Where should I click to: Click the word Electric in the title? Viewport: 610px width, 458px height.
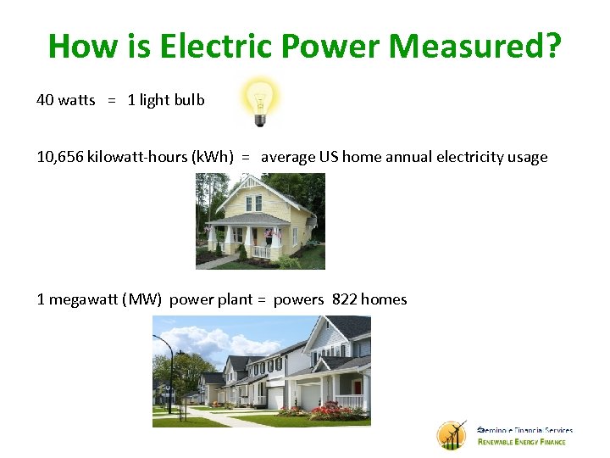tap(200, 46)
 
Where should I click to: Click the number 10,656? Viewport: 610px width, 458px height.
tap(59, 157)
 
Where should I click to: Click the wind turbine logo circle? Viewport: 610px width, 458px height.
tap(452, 435)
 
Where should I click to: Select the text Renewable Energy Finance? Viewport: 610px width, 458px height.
tap(525, 442)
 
